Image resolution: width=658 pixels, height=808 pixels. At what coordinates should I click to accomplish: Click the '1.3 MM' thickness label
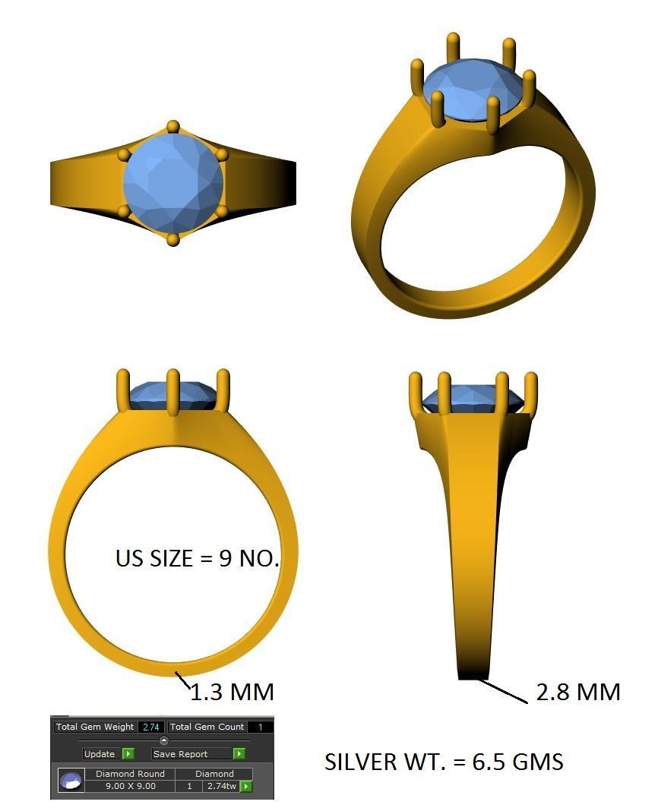[231, 692]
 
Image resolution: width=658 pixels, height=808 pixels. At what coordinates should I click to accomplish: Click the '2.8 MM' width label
[578, 692]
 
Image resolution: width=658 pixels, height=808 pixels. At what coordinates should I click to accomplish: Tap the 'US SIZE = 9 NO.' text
[198, 558]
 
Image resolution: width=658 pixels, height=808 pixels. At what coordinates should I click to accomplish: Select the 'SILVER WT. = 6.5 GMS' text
[444, 762]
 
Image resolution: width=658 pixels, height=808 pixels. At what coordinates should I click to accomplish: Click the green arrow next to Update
[128, 754]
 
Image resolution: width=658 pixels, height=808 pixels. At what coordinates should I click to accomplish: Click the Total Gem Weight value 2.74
[150, 727]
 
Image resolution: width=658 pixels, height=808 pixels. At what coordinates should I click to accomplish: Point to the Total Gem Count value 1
[260, 727]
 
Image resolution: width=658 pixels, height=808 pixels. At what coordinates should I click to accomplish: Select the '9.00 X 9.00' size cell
[130, 786]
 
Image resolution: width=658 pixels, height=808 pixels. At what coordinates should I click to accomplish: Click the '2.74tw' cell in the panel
[220, 786]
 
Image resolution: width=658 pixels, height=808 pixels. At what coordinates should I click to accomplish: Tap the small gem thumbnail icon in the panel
[71, 781]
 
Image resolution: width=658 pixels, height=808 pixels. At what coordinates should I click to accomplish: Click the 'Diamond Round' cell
[130, 774]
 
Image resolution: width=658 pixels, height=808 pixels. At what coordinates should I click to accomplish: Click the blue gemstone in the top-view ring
[173, 182]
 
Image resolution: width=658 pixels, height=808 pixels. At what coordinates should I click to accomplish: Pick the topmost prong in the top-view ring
[173, 126]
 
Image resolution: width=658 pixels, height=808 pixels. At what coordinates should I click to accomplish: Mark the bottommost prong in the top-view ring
[173, 240]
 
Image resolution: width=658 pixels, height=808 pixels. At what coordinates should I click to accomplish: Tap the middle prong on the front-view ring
[172, 391]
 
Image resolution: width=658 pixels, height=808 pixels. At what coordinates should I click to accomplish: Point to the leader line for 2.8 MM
[503, 692]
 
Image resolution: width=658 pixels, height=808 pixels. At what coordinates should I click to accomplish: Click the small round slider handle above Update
[163, 740]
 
